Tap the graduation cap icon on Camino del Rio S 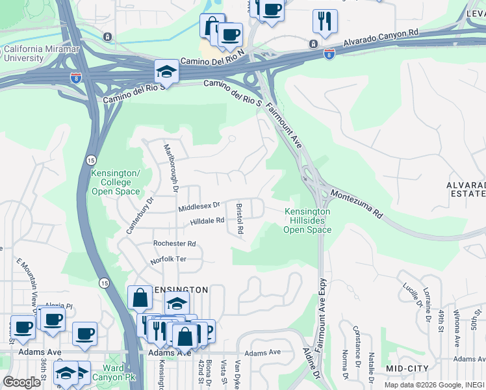click(167, 73)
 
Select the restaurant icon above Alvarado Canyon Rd click(324, 21)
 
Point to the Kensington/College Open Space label click(116, 183)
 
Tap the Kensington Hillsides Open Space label click(307, 221)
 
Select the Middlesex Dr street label click(199, 206)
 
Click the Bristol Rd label click(240, 219)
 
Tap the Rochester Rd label click(174, 244)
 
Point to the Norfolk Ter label click(168, 259)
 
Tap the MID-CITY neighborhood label click(407, 369)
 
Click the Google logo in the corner click(22, 382)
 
